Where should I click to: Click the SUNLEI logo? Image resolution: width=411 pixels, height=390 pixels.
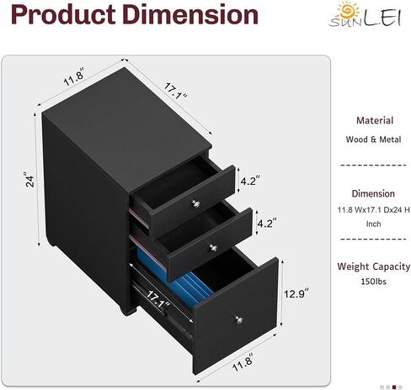point(366,14)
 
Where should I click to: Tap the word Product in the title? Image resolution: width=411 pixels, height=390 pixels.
point(63,14)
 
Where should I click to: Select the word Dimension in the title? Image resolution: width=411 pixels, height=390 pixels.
point(190,14)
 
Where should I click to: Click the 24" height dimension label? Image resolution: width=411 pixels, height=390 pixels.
point(29,179)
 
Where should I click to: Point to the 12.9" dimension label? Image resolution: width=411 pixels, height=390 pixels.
point(296,293)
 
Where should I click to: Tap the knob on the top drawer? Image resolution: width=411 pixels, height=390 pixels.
point(195,203)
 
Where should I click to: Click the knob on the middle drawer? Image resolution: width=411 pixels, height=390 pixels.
point(213,247)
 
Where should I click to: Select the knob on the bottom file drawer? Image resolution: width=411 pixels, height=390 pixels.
point(238,319)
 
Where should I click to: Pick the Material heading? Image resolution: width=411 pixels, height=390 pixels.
point(375,121)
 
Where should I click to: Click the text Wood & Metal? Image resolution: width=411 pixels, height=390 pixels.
point(373,140)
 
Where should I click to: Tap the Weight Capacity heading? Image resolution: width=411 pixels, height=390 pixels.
point(374,266)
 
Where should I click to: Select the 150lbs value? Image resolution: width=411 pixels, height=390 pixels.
point(373,282)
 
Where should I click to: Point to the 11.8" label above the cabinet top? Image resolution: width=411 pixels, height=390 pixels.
point(73,77)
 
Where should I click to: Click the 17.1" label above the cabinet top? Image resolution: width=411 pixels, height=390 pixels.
point(175,92)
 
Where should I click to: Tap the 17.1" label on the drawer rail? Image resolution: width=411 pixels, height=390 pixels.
point(157,299)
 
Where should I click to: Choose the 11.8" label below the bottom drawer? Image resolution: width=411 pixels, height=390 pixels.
point(243,362)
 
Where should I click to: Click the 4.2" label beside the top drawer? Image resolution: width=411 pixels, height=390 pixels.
point(250,181)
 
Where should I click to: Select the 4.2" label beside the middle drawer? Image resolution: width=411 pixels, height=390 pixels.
point(267,223)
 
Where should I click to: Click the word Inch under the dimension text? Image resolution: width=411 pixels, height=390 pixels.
point(373,224)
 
